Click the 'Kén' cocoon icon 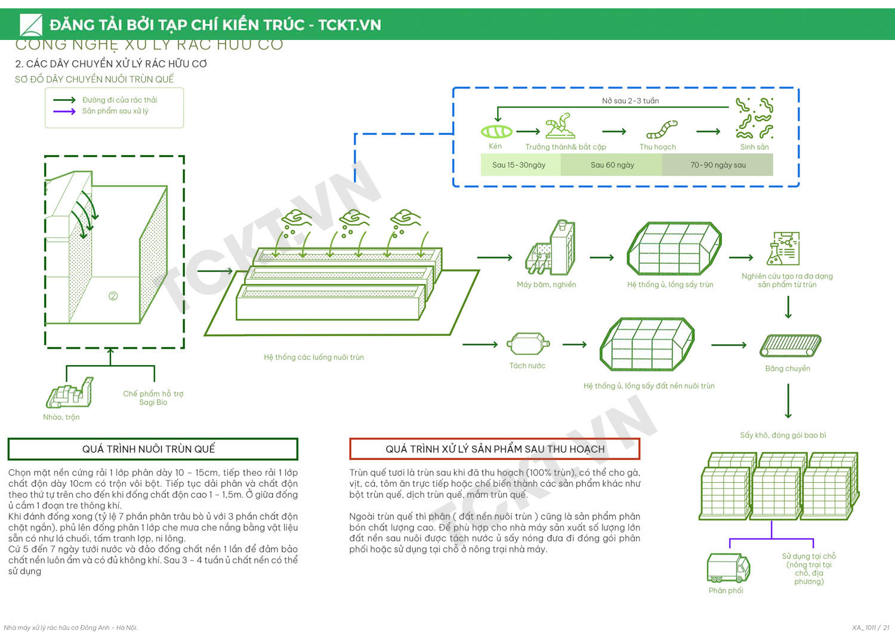(x=496, y=131)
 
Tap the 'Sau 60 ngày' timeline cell (x=612, y=165)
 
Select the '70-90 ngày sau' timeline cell (x=718, y=165)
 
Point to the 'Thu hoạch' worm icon (x=662, y=129)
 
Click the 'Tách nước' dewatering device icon (x=527, y=344)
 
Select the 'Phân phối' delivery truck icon (x=727, y=567)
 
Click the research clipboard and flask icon (x=783, y=249)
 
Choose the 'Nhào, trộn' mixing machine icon (x=70, y=393)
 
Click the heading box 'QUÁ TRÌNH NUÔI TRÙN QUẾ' (x=153, y=449)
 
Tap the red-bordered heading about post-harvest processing (x=494, y=449)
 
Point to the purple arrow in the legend (x=64, y=111)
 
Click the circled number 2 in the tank (x=113, y=296)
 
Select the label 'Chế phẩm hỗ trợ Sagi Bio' (x=153, y=398)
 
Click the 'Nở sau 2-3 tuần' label (x=630, y=101)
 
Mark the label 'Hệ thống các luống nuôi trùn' (x=314, y=357)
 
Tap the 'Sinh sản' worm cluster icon (x=754, y=118)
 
